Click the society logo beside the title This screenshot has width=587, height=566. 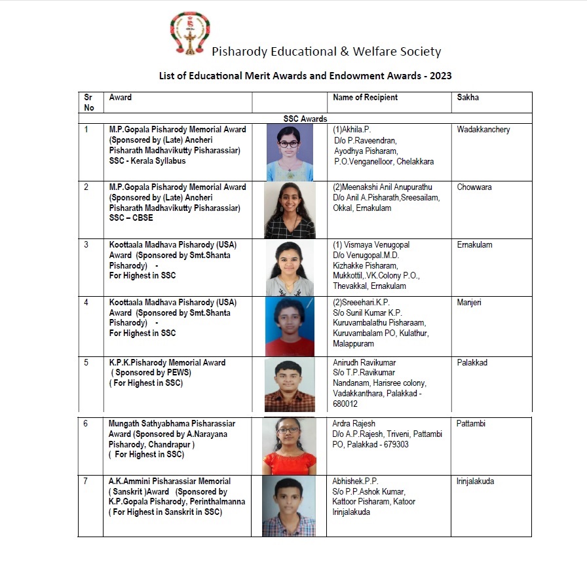pos(190,35)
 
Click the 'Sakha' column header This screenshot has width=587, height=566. pos(468,98)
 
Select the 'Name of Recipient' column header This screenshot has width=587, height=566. pos(365,98)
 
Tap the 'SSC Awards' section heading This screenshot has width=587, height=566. pos(305,119)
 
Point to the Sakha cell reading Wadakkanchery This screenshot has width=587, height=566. pos(483,130)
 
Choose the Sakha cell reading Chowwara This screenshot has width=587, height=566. pos(474,187)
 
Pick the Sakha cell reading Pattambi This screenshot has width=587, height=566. pos(472,424)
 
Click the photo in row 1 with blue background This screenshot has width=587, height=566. pos(290,152)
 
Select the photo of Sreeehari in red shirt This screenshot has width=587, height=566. pos(289,326)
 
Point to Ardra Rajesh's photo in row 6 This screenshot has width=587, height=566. pos(289,446)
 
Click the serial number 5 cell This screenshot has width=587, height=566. pos(86,363)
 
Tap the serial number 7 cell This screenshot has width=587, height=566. pos(86,481)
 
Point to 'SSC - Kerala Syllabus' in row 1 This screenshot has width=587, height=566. pos(147,161)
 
